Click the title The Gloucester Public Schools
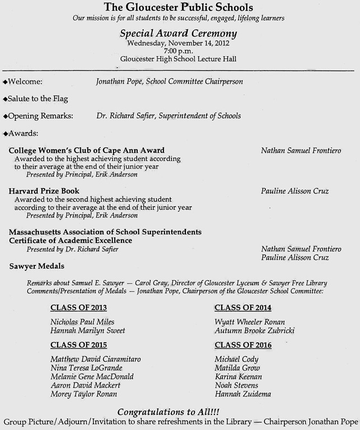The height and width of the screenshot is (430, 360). (179, 7)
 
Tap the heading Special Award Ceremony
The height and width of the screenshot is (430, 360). (179, 33)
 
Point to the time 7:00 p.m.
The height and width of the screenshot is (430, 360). (179, 50)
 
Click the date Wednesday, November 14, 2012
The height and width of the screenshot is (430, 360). (179, 43)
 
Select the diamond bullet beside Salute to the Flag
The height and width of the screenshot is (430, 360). (5, 99)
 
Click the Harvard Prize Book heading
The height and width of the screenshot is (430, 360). (44, 191)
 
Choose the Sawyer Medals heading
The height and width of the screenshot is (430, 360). (36, 266)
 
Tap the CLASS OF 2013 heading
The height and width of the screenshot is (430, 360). (78, 307)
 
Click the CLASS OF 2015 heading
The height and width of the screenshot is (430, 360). (78, 345)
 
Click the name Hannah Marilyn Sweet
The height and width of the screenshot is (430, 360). (87, 331)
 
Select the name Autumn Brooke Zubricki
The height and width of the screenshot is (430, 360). (255, 331)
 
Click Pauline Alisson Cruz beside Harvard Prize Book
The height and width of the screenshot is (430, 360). (294, 191)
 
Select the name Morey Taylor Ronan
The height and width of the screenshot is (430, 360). (84, 394)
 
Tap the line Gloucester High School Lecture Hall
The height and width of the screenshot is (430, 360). (179, 58)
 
